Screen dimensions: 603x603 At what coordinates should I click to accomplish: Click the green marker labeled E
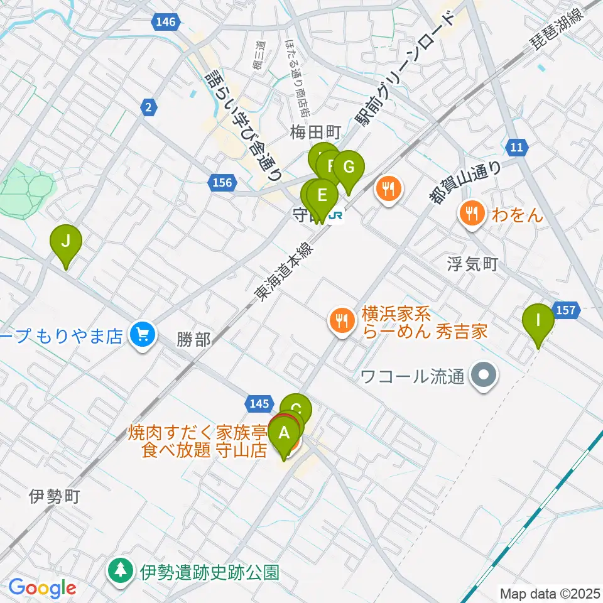tap(322, 195)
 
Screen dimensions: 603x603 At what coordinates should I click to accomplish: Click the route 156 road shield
tap(221, 183)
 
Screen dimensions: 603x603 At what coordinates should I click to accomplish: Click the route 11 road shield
tap(516, 148)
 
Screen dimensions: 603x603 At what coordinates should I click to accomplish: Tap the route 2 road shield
tap(148, 108)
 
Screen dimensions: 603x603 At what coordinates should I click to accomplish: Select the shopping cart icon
tap(142, 334)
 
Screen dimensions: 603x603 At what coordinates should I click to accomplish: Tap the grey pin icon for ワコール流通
tap(484, 377)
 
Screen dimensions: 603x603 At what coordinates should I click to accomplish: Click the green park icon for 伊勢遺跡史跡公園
tap(120, 572)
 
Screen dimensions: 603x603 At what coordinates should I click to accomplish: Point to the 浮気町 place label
tap(472, 264)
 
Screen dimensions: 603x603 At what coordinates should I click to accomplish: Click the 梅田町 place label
tap(315, 133)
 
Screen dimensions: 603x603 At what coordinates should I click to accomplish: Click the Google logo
tap(42, 589)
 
